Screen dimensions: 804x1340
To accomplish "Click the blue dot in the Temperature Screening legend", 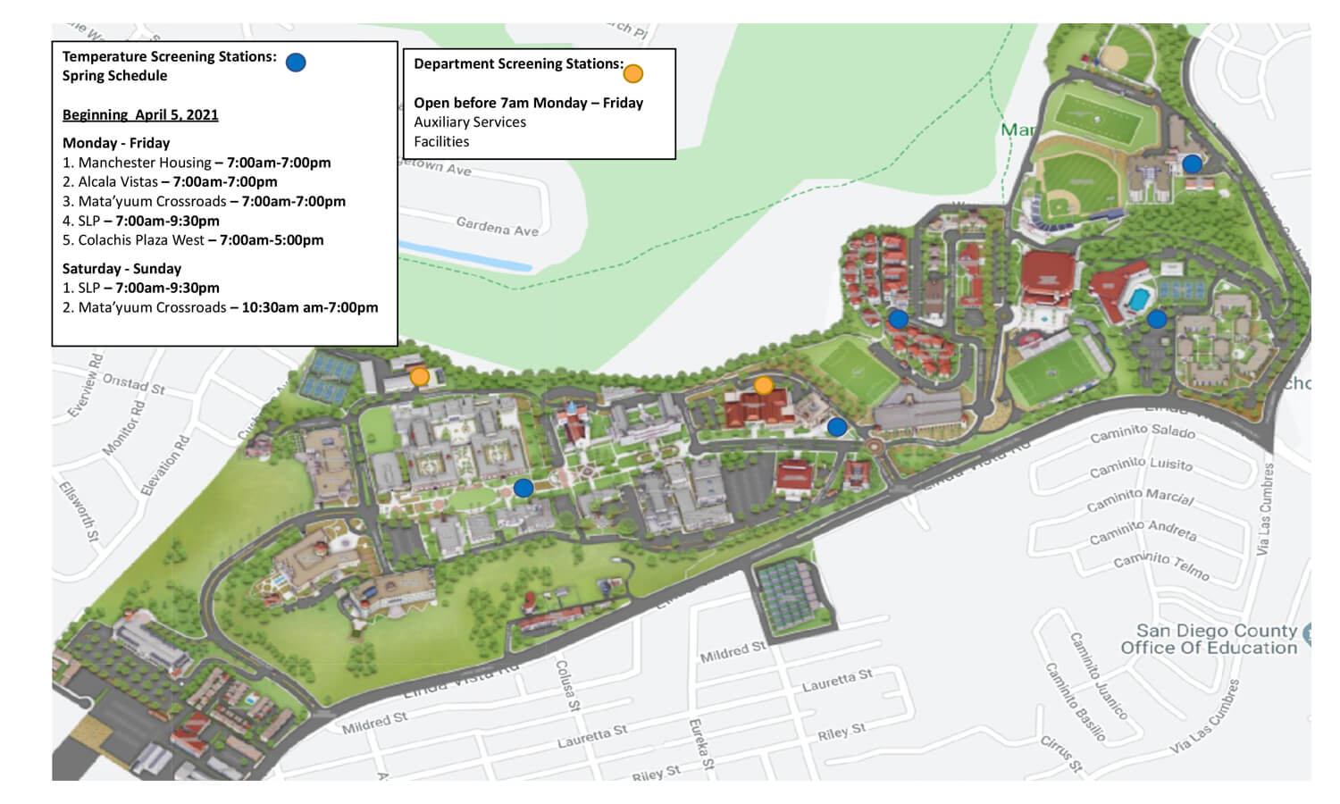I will [296, 62].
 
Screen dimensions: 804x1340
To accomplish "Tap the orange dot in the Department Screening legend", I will [632, 73].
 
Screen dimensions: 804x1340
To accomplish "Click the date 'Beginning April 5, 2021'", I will [140, 114].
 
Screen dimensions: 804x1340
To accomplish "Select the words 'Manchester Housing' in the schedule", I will [145, 163].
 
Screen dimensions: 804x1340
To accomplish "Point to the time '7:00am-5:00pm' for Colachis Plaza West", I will [272, 239].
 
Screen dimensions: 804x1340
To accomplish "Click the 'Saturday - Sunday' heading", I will [121, 268].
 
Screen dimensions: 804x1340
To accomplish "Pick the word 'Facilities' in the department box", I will [441, 141].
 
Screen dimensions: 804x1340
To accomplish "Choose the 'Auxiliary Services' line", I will [470, 121].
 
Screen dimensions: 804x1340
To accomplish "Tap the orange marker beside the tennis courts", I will [419, 377].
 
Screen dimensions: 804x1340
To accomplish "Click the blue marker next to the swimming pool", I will [1157, 319].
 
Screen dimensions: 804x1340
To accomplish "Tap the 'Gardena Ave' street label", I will [498, 227].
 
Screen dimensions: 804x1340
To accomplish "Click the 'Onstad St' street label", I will [134, 383].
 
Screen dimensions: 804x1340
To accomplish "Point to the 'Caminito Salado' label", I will [1143, 432].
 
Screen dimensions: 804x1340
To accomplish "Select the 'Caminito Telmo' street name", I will [1161, 565].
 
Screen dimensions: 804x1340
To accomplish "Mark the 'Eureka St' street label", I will [700, 743].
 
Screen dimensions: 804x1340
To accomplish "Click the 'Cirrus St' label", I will [1061, 753].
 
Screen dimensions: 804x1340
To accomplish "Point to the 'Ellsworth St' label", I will [79, 512].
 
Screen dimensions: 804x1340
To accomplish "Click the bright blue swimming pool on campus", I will [1137, 299].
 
